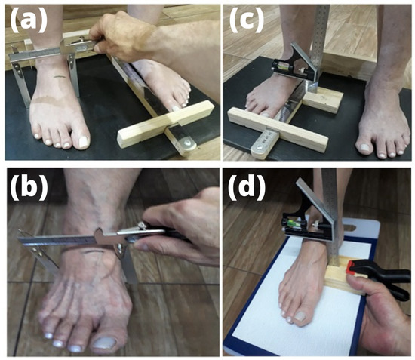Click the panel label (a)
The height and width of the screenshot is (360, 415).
pyautogui.click(x=29, y=20)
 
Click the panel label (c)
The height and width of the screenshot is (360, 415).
pyautogui.click(x=247, y=20)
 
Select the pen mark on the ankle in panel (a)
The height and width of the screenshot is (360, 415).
pyautogui.click(x=60, y=77)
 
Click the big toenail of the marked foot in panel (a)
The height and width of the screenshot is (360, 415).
pyautogui.click(x=83, y=142)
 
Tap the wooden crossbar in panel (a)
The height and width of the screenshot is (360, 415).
pyautogui.click(x=165, y=124)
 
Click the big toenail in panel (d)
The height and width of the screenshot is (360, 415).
pyautogui.click(x=300, y=315)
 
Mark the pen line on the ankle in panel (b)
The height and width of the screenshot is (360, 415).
pyautogui.click(x=91, y=251)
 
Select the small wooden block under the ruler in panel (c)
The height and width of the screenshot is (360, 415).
pyautogui.click(x=323, y=100)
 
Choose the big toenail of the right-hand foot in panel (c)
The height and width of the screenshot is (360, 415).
pyautogui.click(x=365, y=147)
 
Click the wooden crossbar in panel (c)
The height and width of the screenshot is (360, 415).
pyautogui.click(x=278, y=130)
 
